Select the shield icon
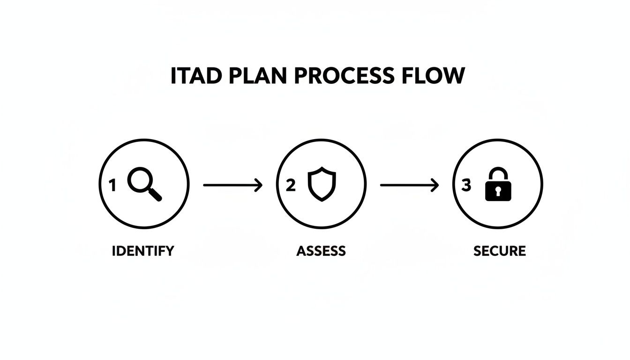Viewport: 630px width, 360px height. (322, 186)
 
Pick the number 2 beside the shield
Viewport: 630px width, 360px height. (291, 186)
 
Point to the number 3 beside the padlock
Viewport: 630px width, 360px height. (466, 186)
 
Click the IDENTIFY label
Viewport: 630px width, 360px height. (143, 251)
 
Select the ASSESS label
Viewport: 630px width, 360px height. (321, 251)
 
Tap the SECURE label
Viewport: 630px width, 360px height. (499, 251)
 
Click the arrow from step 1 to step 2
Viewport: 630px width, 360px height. (232, 186)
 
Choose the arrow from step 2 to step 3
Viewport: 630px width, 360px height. (409, 186)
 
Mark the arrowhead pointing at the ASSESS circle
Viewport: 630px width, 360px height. (258, 186)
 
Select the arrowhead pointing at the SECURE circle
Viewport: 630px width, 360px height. (435, 186)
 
